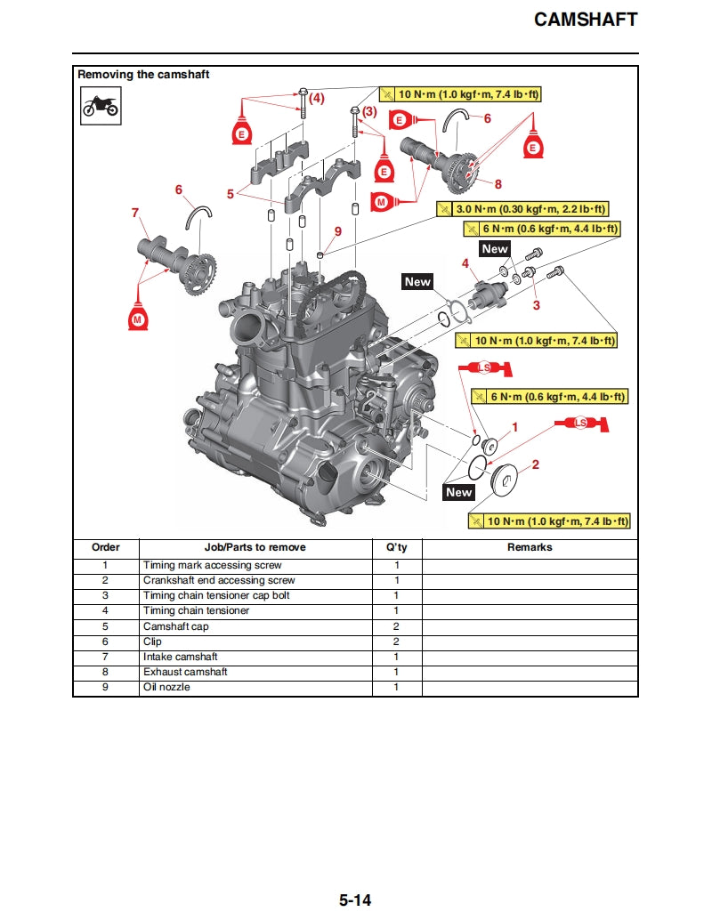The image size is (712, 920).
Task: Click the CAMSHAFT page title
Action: [x=585, y=20]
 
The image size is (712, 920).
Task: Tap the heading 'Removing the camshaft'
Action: [x=143, y=75]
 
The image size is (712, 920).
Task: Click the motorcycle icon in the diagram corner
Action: [x=101, y=108]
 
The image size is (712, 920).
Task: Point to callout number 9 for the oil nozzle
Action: [x=337, y=231]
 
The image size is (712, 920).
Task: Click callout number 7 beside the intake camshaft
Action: [x=135, y=213]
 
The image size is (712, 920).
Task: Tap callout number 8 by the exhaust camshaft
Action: [x=498, y=184]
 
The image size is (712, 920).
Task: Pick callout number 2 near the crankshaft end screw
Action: [x=535, y=464]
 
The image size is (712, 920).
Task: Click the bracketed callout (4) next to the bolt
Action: [x=316, y=97]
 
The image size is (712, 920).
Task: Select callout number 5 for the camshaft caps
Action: [x=231, y=192]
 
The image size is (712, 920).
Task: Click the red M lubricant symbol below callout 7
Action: [x=137, y=316]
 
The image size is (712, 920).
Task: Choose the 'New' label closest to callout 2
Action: [x=459, y=492]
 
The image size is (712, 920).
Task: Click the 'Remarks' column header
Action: [x=530, y=547]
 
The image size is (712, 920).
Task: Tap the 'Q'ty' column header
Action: [x=396, y=547]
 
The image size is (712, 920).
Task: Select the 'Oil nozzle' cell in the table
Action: [x=166, y=688]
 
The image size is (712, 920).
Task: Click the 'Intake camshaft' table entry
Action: [x=181, y=657]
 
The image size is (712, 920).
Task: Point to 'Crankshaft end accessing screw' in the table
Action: [x=219, y=580]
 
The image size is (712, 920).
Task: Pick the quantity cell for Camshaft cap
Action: [x=396, y=626]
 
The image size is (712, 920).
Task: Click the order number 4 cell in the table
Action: [x=105, y=611]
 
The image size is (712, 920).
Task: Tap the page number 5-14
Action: [x=354, y=900]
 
